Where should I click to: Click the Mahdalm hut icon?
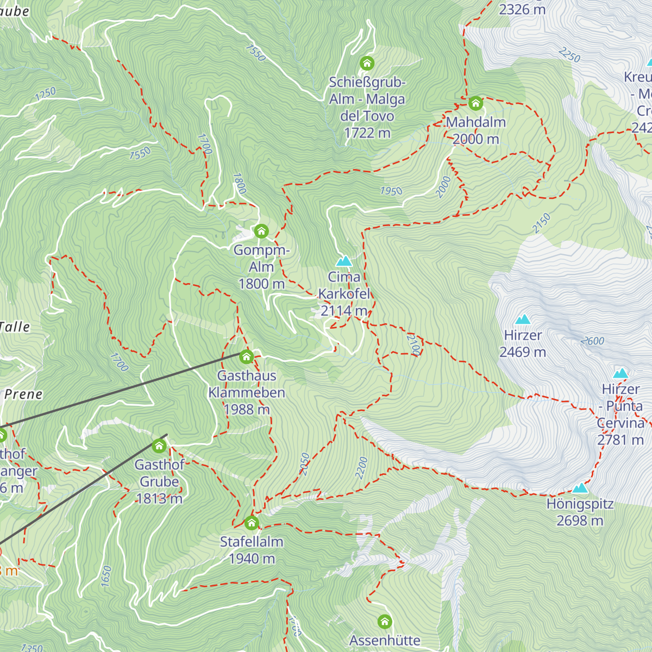coord(475,103)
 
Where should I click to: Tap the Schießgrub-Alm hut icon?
coord(367,64)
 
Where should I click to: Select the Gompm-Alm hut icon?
coord(261,231)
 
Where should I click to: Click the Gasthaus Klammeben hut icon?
coord(246,357)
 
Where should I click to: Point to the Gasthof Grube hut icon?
coord(159,446)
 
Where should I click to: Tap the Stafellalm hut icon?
coord(252,523)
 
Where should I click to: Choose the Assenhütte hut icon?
coord(385,622)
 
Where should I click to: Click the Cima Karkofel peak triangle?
coord(344,261)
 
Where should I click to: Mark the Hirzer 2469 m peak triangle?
coord(523,319)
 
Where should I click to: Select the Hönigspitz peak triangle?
coord(580,488)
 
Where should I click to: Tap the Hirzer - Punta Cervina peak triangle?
coord(620,373)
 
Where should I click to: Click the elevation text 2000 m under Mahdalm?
coord(475,139)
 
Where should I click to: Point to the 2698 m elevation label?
coord(580,521)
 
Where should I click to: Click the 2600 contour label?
coord(592,341)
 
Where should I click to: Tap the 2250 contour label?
coord(569,55)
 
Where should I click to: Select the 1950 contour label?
coord(391,191)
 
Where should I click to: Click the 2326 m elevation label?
coord(522,9)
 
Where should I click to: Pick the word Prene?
coord(23,394)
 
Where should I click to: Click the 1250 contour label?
coord(45,93)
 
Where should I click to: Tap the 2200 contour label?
coord(361,468)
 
